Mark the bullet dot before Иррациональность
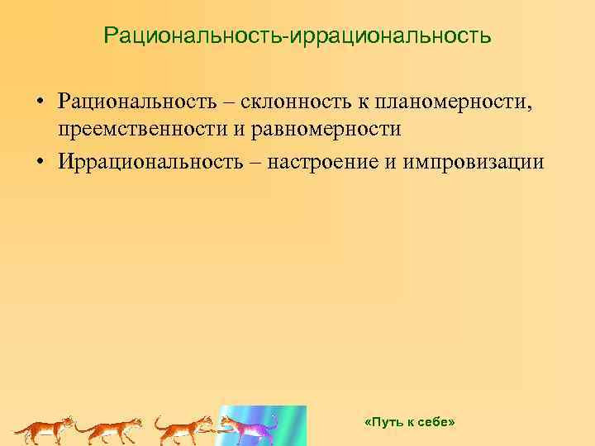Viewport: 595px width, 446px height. [39, 160]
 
